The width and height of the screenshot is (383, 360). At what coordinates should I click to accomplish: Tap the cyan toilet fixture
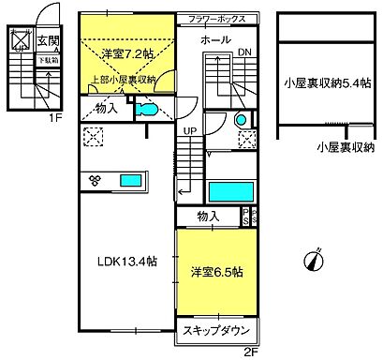148,110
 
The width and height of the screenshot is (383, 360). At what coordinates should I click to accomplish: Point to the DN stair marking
243,52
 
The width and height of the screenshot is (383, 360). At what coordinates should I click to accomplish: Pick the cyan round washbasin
240,120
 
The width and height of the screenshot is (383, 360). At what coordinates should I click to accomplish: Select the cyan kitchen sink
129,179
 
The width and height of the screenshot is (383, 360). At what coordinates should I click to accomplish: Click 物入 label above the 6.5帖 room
208,217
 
